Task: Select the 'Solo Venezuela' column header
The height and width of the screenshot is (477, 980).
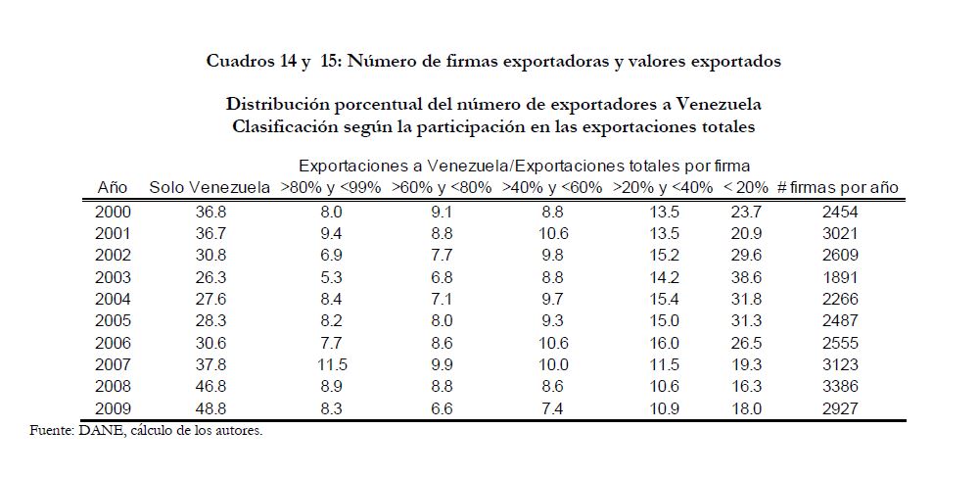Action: click(209, 187)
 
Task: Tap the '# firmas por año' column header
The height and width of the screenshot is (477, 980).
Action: click(837, 187)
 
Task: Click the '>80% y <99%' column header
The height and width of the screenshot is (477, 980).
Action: click(332, 187)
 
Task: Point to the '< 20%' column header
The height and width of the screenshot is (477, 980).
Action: click(747, 187)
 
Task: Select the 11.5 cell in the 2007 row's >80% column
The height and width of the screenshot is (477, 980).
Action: click(332, 364)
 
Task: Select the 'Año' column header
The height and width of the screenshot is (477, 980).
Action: click(112, 187)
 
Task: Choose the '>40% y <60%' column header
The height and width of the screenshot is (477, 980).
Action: click(552, 187)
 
